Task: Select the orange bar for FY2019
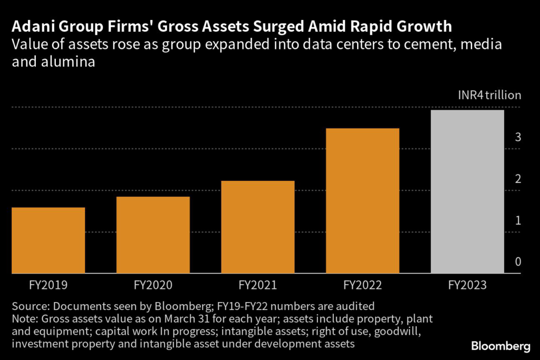(x=48, y=240)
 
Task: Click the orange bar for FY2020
(x=153, y=235)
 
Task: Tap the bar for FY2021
(x=258, y=227)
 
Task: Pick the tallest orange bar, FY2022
(x=363, y=201)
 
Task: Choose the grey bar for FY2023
(x=468, y=192)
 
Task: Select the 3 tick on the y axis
(x=518, y=138)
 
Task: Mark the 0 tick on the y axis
(x=518, y=262)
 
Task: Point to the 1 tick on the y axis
(x=518, y=220)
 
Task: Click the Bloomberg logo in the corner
(x=500, y=346)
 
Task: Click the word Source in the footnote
(x=27, y=306)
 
